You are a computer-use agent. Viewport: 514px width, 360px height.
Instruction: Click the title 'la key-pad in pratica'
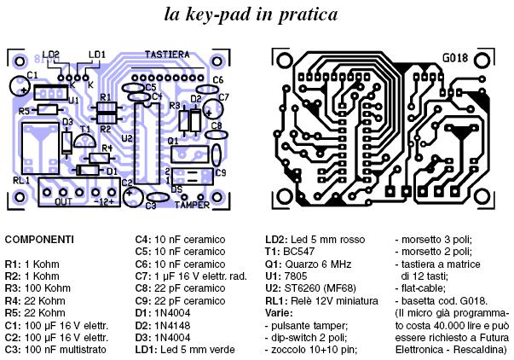(x=254, y=15)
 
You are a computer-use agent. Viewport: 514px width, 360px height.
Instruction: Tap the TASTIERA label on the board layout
(x=167, y=54)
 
